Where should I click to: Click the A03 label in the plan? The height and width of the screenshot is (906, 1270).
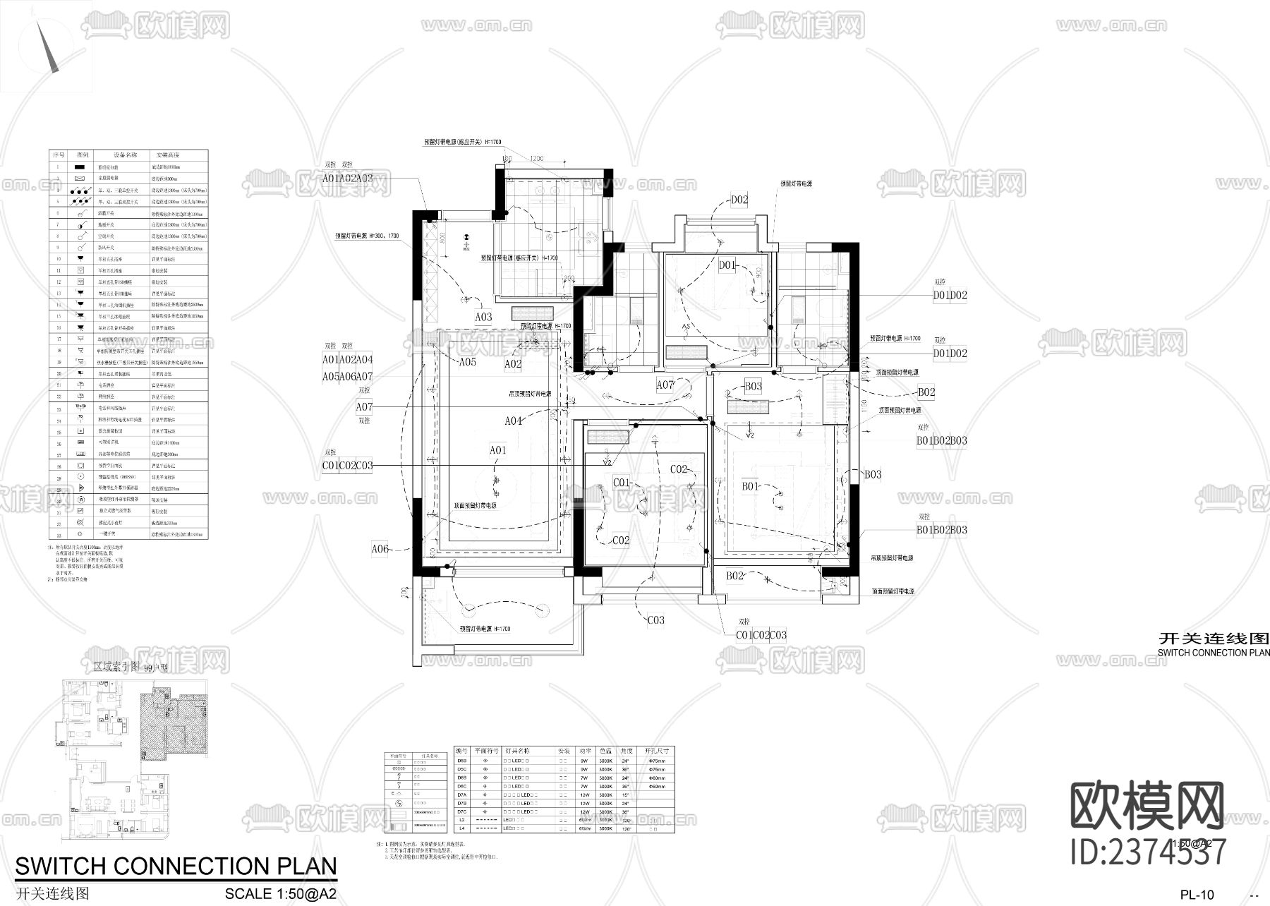point(483,317)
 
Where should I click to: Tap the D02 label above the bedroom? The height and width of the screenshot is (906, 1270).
point(739,200)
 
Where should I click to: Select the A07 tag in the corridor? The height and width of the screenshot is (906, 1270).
point(665,385)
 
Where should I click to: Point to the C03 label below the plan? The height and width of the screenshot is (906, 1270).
point(655,620)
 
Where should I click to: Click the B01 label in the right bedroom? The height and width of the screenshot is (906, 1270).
point(749,486)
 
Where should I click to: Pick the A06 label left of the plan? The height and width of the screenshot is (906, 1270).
point(380,549)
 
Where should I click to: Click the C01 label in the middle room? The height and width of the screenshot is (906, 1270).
point(621,483)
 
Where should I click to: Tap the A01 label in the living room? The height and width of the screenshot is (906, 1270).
point(497,449)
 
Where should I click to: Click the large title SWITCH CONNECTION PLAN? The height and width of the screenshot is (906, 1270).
point(176,866)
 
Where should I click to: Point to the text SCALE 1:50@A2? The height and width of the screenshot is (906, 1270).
point(280,893)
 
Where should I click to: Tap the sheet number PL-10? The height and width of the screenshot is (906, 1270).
point(1197,895)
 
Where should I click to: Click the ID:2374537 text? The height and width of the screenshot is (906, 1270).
point(1148,852)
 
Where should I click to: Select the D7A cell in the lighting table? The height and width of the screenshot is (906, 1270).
point(461,795)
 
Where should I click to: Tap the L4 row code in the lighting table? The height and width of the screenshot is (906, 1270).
point(461,828)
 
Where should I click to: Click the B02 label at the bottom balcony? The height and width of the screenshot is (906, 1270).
point(735,576)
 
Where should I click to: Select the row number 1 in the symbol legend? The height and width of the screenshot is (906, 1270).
point(59,167)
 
